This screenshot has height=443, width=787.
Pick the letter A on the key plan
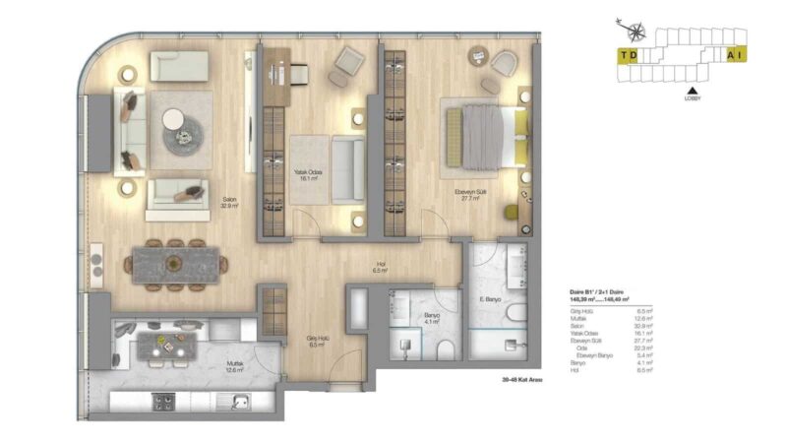(x=731, y=56)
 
